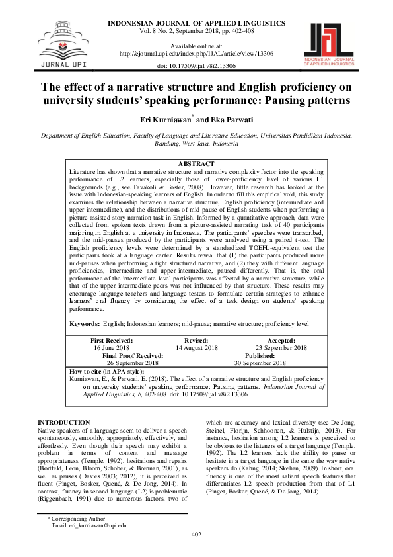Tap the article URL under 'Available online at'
196,53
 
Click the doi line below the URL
196,65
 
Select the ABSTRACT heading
196,164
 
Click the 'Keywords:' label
85,324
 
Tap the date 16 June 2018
112,347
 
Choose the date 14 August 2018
196,347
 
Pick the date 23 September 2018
281,347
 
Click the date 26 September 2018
133,363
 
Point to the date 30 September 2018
260,363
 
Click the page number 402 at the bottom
196,535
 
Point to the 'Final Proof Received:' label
133,355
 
